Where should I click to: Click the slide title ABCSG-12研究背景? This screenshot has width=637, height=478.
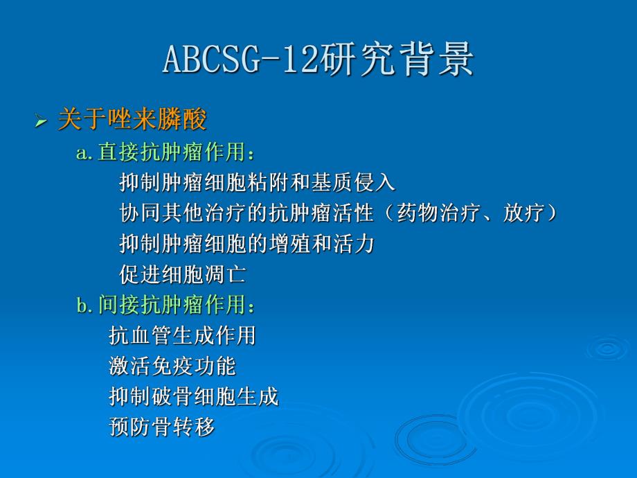click(318, 60)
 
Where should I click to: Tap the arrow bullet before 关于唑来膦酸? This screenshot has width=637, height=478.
click(41, 123)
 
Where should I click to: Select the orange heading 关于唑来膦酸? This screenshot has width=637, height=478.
click(132, 121)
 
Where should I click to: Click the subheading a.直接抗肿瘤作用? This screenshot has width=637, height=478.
click(166, 152)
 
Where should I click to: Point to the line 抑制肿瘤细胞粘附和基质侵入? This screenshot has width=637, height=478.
click(257, 183)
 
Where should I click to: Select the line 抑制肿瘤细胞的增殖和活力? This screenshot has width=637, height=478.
click(246, 244)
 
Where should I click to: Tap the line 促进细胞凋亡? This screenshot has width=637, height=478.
click(182, 274)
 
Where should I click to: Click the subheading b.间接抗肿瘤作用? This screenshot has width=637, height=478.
click(166, 305)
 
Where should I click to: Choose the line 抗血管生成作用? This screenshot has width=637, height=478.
click(182, 335)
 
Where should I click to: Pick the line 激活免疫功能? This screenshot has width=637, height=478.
click(172, 366)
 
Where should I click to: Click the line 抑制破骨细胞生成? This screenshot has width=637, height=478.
click(193, 396)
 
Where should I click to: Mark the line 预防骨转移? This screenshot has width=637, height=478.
click(161, 427)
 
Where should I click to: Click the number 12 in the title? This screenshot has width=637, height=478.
click(299, 60)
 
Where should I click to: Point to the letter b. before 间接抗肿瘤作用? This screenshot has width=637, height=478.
click(84, 306)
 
